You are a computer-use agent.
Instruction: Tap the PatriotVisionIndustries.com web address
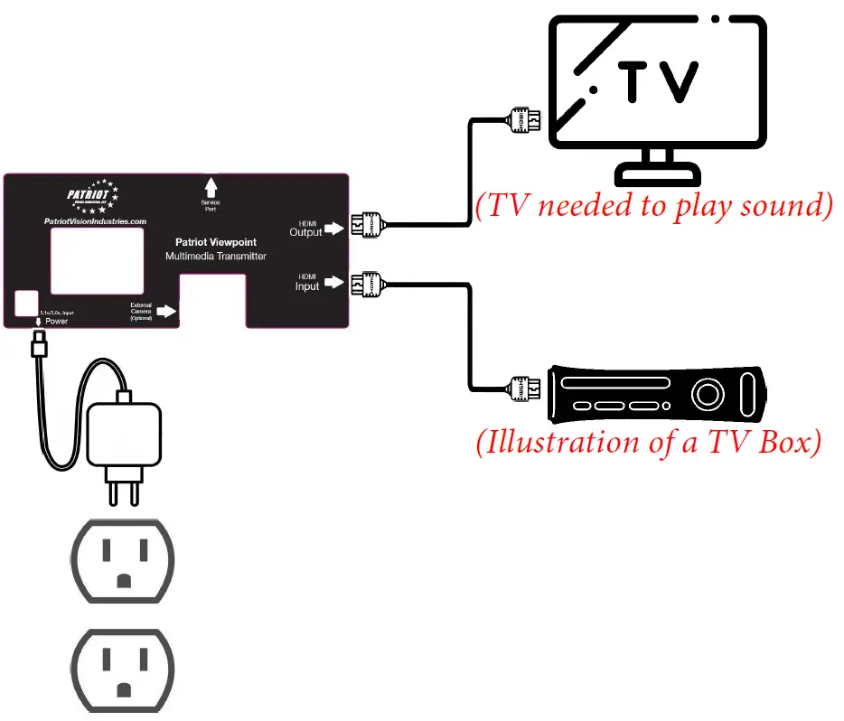coord(96,220)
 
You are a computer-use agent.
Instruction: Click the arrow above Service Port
coord(211,187)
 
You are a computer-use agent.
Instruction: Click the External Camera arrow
coord(166,312)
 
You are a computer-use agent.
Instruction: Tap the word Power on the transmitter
coord(56,321)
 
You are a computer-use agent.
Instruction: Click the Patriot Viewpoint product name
coord(215,242)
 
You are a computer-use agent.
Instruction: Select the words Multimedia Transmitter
coord(215,257)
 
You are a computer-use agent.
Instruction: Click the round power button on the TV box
coord(708,395)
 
